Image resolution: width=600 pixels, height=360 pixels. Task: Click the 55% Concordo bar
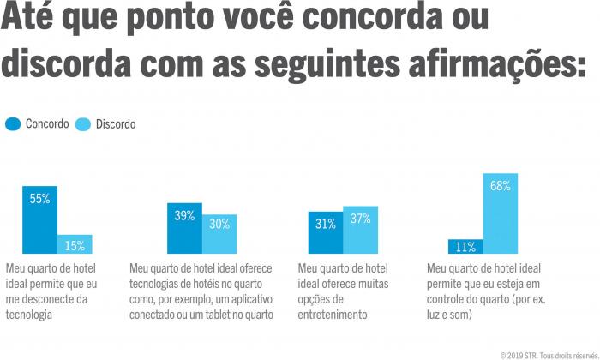pyautogui.click(x=39, y=220)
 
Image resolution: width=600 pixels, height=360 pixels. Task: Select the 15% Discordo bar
pyautogui.click(x=75, y=244)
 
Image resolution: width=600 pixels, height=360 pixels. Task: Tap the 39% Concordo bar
pyautogui.click(x=184, y=229)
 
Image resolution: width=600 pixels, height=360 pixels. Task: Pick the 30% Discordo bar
pyautogui.click(x=219, y=234)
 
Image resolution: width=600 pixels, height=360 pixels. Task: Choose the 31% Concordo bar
pyautogui.click(x=326, y=232)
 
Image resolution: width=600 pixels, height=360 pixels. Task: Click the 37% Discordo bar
pyautogui.click(x=360, y=230)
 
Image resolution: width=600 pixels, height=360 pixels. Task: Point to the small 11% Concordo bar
pyautogui.click(x=465, y=247)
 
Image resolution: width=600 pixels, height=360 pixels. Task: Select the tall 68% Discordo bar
pyautogui.click(x=501, y=213)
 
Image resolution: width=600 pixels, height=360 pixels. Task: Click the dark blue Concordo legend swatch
pyautogui.click(x=13, y=124)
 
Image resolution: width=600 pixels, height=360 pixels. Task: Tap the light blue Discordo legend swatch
pyautogui.click(x=84, y=124)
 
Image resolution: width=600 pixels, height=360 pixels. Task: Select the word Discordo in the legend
pyautogui.click(x=116, y=124)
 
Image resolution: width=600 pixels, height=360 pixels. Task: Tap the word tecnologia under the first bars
pyautogui.click(x=29, y=315)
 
